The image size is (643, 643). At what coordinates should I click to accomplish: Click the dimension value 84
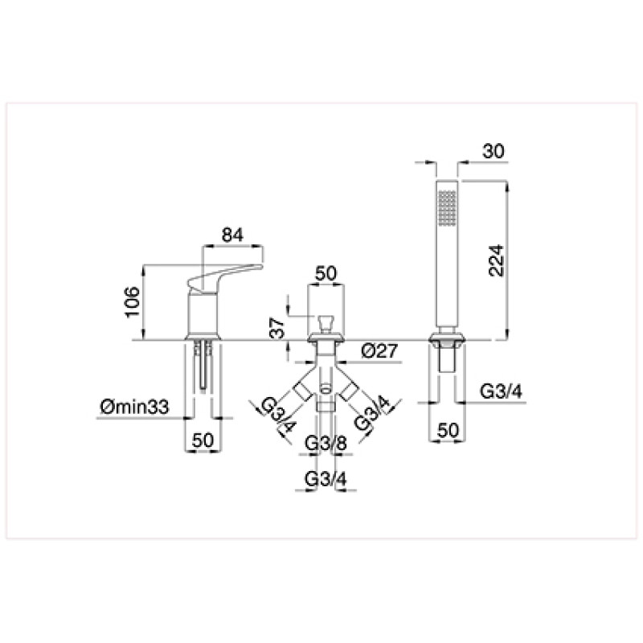tap(232, 235)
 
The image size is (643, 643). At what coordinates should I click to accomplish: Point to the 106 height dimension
tap(133, 302)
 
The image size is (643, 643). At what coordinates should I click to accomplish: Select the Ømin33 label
tap(134, 408)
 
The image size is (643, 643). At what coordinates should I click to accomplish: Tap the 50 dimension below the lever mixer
tap(203, 440)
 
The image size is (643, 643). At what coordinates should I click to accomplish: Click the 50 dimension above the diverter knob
tap(326, 273)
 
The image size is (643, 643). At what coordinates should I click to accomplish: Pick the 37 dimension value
tap(277, 327)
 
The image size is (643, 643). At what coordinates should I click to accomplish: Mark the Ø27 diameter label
tap(379, 350)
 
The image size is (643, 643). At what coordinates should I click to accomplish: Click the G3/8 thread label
tap(326, 444)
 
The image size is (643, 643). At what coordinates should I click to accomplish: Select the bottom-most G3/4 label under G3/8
tap(326, 478)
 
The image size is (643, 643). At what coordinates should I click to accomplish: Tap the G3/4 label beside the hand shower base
tap(501, 391)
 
